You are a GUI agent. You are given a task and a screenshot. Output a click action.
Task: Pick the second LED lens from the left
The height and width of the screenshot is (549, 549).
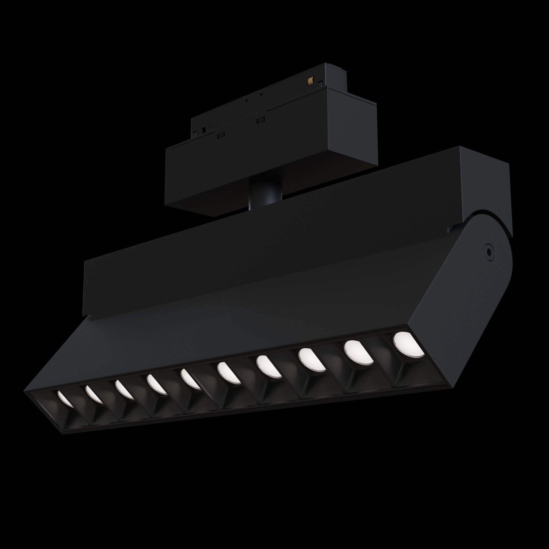(x=94, y=394)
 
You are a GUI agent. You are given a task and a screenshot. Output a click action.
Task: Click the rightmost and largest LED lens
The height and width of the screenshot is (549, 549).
(x=408, y=344)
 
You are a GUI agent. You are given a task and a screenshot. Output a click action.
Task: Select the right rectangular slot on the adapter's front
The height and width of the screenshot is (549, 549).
(x=259, y=120)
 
